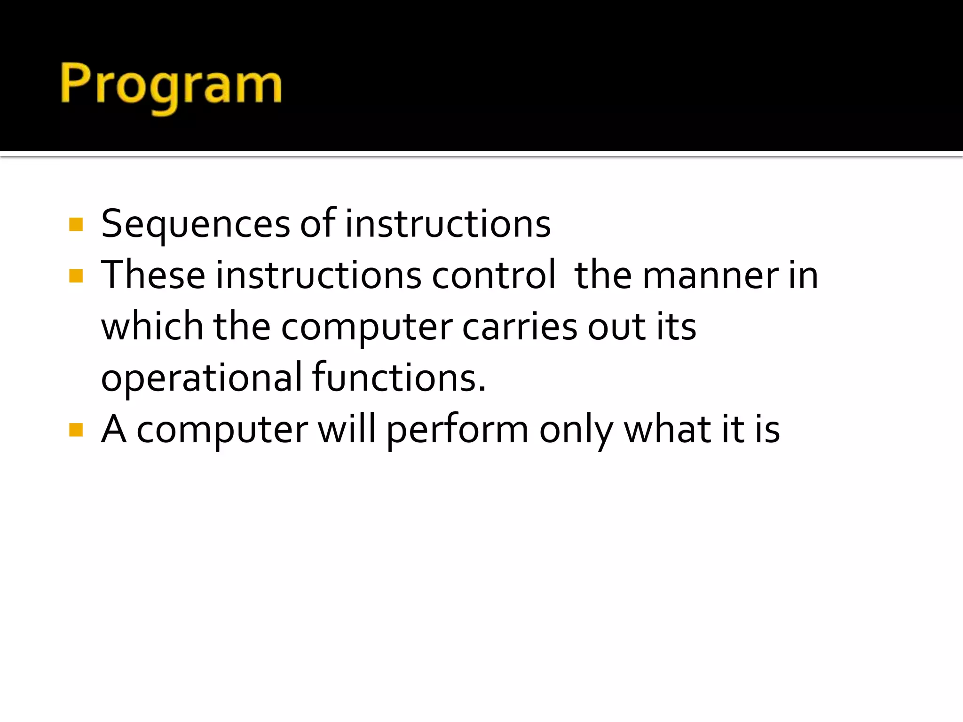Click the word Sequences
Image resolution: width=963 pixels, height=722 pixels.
[x=195, y=224]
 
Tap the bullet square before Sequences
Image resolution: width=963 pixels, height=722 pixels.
[x=76, y=225]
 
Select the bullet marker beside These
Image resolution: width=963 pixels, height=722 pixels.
[x=76, y=276]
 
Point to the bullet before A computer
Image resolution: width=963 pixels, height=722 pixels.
[x=76, y=430]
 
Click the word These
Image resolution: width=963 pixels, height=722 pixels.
[x=153, y=275]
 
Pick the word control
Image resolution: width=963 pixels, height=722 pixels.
[x=494, y=275]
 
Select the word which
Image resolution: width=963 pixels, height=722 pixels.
[x=152, y=326]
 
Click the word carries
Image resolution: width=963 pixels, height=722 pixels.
[x=519, y=326]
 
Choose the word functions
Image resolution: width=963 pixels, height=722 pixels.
[x=398, y=377]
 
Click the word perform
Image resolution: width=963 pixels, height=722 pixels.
[x=458, y=430]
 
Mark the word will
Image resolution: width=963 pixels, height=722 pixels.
[x=347, y=429]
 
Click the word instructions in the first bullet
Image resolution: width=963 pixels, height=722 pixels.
[x=448, y=224]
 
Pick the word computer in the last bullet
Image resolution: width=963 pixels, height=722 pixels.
[x=222, y=430]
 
